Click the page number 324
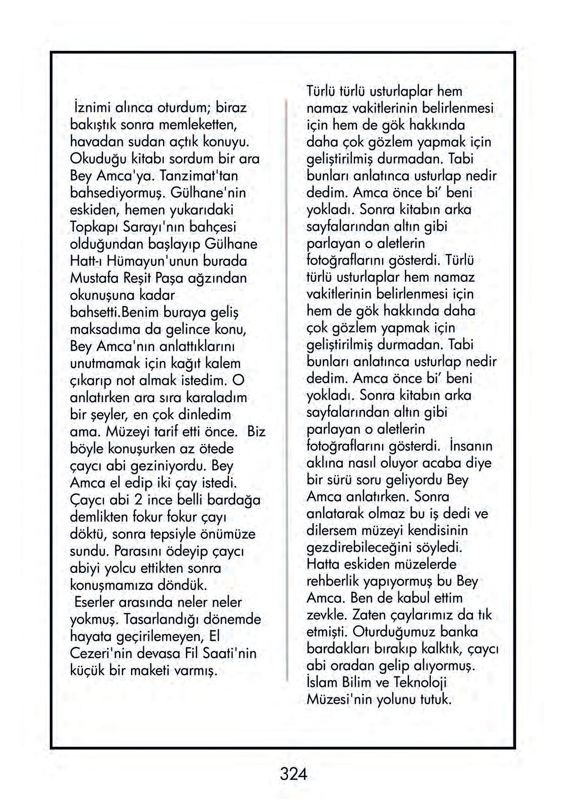click(293, 774)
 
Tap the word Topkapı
click(94, 227)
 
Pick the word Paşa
click(172, 278)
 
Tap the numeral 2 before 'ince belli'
click(138, 500)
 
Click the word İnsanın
click(471, 446)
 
